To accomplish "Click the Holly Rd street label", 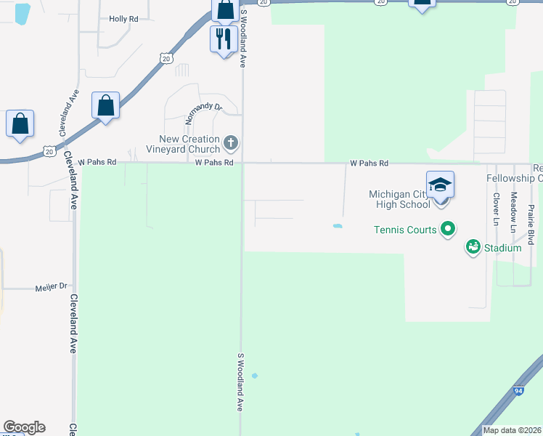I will pyautogui.click(x=123, y=19).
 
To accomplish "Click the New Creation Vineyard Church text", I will pyautogui.click(x=189, y=144).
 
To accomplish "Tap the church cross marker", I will pyautogui.click(x=231, y=142).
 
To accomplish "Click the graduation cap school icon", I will pyautogui.click(x=440, y=185).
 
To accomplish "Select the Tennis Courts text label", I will pyautogui.click(x=405, y=230).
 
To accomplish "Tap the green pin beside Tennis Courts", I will pyautogui.click(x=448, y=230).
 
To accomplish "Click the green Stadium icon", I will pyautogui.click(x=473, y=248).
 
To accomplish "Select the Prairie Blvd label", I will pyautogui.click(x=531, y=225).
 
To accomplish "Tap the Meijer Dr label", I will pyautogui.click(x=51, y=288).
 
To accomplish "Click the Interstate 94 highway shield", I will pyautogui.click(x=518, y=391).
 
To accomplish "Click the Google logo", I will pyautogui.click(x=24, y=427).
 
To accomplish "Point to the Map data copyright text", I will pyautogui.click(x=512, y=430).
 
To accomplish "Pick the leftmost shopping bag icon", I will pyautogui.click(x=20, y=123).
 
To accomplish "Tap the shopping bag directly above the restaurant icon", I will pyautogui.click(x=225, y=10).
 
